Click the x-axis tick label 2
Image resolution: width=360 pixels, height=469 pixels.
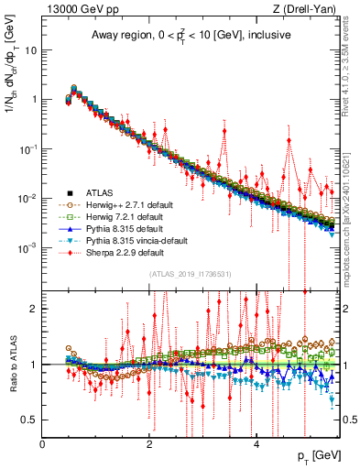coord(149,443)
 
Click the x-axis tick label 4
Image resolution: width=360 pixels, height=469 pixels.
coord(256,443)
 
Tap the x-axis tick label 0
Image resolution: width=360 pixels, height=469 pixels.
coord(42,443)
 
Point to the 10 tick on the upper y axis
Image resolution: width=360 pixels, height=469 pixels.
coord(31,50)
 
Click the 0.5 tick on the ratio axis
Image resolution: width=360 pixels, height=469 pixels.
coord(30,420)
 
